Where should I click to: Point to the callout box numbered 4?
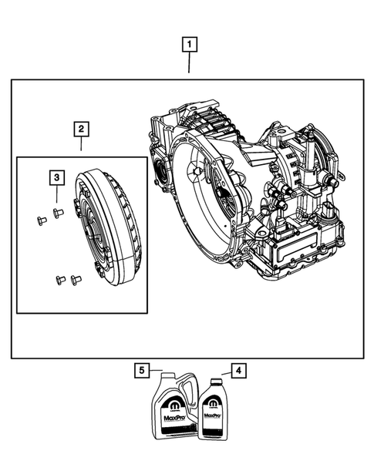[x=240, y=372]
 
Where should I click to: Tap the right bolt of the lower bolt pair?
[x=75, y=278]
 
